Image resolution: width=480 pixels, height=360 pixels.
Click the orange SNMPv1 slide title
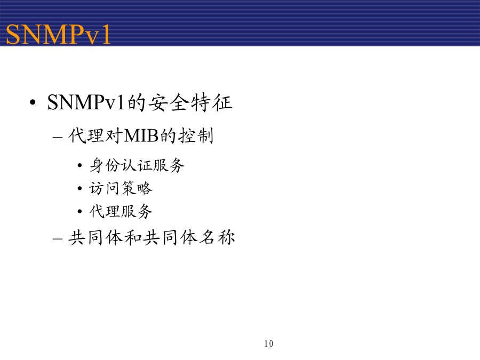pos(58,34)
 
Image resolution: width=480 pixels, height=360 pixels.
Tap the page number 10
pos(268,343)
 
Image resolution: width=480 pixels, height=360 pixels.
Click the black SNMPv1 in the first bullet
pos(86,102)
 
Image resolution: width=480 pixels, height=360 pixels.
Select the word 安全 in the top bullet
pos(169,102)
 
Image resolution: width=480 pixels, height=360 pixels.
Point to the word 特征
pos(212,102)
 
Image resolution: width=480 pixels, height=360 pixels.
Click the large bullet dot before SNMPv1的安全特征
pos(33,102)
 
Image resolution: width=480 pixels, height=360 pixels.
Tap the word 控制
pos(196,135)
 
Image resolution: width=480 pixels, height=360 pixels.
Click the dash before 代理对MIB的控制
pos(58,137)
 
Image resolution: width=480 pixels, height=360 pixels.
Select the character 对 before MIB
pos(114,135)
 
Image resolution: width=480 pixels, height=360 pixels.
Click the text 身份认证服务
pos(137,165)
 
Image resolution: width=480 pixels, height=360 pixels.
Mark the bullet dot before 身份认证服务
pos(79,166)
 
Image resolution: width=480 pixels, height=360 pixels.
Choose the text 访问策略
pos(121,188)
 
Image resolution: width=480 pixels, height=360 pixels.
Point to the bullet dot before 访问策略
pos(79,188)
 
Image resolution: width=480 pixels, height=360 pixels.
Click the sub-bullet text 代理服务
pos(121,211)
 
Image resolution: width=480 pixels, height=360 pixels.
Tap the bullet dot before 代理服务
pos(79,211)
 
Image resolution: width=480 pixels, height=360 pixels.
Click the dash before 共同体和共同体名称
pos(58,239)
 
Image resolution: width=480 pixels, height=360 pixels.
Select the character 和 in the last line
pos(133,237)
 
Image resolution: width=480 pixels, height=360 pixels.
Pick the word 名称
pos(217,237)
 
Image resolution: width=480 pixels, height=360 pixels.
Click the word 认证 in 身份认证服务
pos(137,165)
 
